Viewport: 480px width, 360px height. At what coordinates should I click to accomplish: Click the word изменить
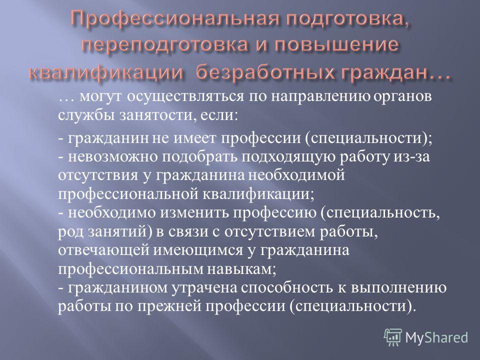tap(194, 213)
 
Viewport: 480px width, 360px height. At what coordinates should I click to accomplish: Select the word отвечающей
tap(103, 250)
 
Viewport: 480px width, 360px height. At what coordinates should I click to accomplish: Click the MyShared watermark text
tap(436, 337)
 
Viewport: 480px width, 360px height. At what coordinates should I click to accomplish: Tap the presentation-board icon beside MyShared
tap(393, 337)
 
